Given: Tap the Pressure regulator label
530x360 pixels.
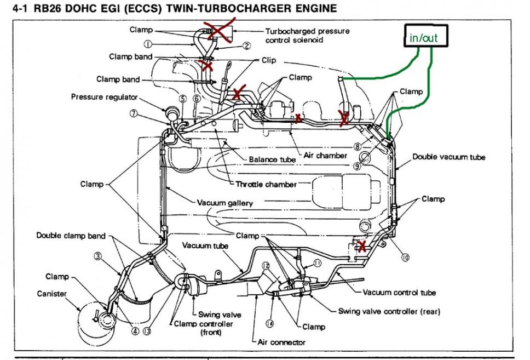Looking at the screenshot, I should [104, 98].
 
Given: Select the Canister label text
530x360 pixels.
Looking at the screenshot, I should [52, 294].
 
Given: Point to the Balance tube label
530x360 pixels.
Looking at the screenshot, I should [273, 159].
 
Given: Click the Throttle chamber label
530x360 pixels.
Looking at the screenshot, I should [266, 184].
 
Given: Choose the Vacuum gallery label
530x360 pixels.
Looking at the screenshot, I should [225, 203].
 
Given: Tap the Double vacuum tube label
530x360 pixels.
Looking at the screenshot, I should [449, 157].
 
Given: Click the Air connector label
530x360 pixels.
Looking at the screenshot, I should [281, 342].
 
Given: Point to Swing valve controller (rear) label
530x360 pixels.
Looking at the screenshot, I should [389, 311].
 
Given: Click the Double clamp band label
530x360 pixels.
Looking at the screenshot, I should [71, 236].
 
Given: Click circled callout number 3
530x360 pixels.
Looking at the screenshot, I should [97, 256].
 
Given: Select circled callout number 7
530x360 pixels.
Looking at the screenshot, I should [133, 114].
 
